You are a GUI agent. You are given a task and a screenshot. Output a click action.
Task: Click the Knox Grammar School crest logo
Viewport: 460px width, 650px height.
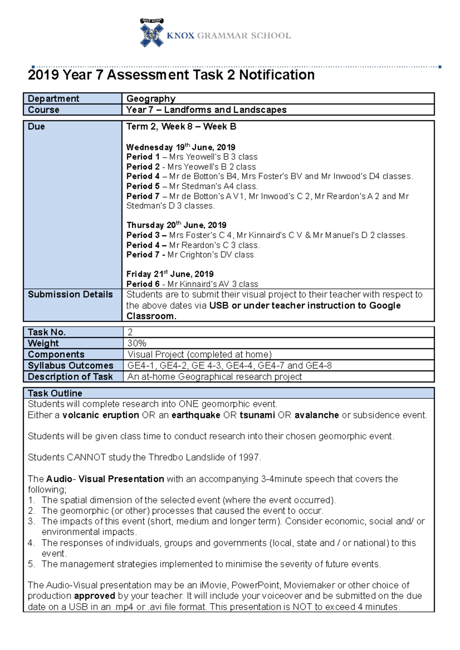pos(152,34)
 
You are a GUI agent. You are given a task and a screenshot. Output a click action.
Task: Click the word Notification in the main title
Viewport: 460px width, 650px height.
pos(277,75)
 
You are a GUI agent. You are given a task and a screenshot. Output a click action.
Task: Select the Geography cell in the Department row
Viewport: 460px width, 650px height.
pos(151,99)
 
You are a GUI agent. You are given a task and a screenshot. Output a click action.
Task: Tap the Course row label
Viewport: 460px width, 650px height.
pos(44,110)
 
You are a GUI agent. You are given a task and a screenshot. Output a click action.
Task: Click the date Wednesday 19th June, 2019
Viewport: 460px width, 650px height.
pos(181,147)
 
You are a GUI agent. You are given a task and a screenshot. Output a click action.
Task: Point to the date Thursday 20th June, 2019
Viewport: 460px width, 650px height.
pos(176,225)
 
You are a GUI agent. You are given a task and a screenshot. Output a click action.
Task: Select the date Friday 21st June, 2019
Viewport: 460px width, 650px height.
pos(170,274)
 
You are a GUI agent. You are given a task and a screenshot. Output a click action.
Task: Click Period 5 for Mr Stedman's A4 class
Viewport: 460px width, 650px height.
pos(143,186)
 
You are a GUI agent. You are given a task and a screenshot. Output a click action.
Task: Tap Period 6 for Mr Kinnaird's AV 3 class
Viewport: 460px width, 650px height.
pos(143,284)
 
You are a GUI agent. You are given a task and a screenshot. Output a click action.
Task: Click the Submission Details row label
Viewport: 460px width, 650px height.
pos(70,294)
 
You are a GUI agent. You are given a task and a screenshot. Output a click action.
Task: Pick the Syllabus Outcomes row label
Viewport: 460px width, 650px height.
pos(71,366)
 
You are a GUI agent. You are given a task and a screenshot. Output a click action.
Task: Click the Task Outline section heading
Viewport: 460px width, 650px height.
pos(55,393)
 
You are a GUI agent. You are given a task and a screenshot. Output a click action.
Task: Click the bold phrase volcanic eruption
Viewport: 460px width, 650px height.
pos(101,415)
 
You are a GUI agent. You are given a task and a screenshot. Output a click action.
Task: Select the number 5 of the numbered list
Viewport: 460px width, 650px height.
pos(31,564)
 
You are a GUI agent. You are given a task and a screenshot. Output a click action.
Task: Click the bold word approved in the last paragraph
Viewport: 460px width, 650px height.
pos(94,596)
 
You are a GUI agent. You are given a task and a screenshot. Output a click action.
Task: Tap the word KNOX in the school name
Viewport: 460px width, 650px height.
pos(181,36)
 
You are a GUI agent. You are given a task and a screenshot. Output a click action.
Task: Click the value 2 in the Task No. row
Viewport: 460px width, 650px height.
pos(130,332)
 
